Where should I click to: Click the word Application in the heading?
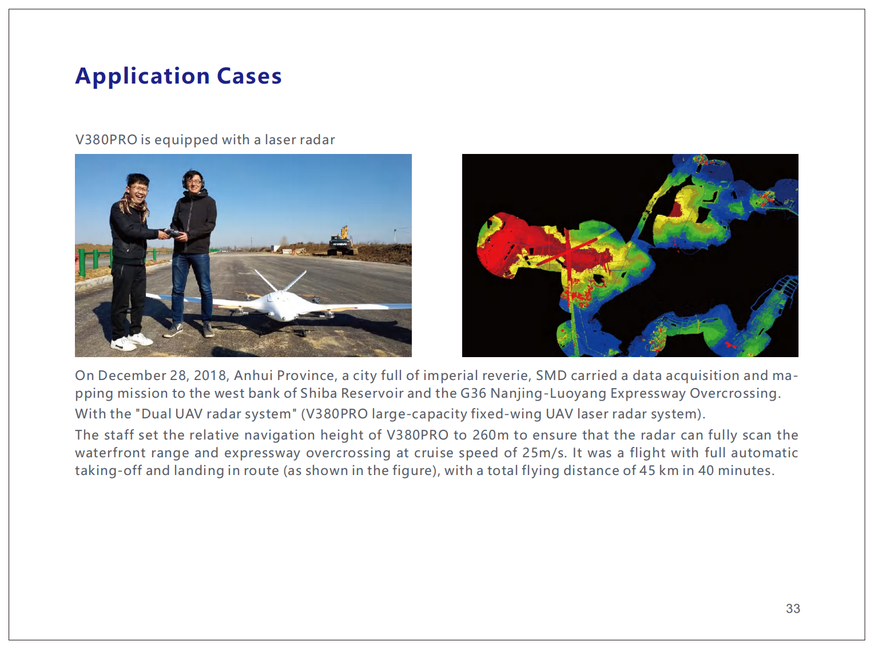142,77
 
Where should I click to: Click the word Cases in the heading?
249,76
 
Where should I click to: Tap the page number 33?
793,608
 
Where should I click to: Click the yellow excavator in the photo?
341,241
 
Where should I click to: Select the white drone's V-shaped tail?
280,281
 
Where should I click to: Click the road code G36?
473,393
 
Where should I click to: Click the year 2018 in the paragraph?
211,375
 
